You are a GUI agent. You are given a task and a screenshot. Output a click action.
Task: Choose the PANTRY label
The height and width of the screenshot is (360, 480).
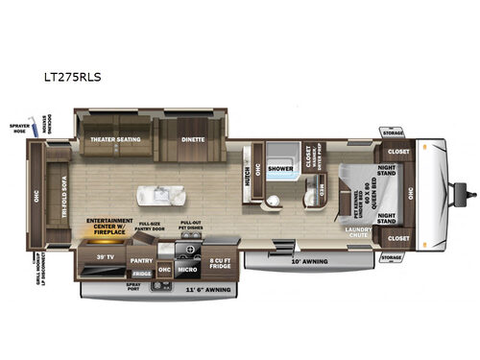pos(141,259)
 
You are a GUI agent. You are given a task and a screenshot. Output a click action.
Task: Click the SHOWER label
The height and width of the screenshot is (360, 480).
pos(280,167)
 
